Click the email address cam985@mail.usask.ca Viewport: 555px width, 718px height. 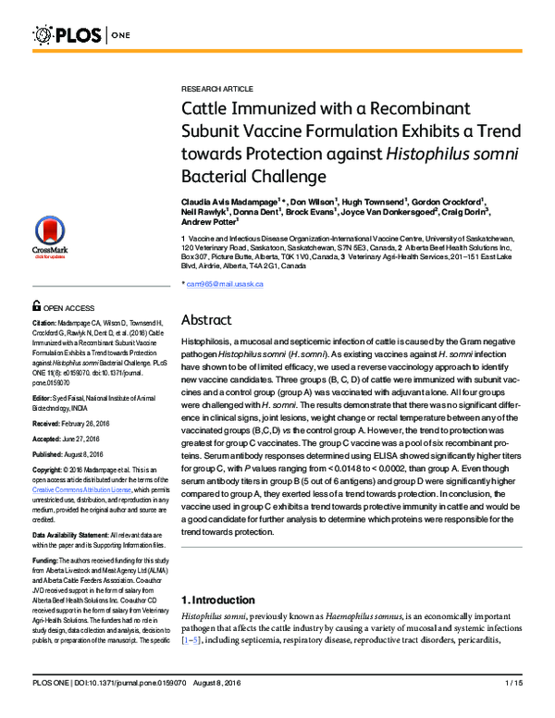pyautogui.click(x=225, y=284)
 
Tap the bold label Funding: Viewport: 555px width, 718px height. pyautogui.click(x=47, y=561)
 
